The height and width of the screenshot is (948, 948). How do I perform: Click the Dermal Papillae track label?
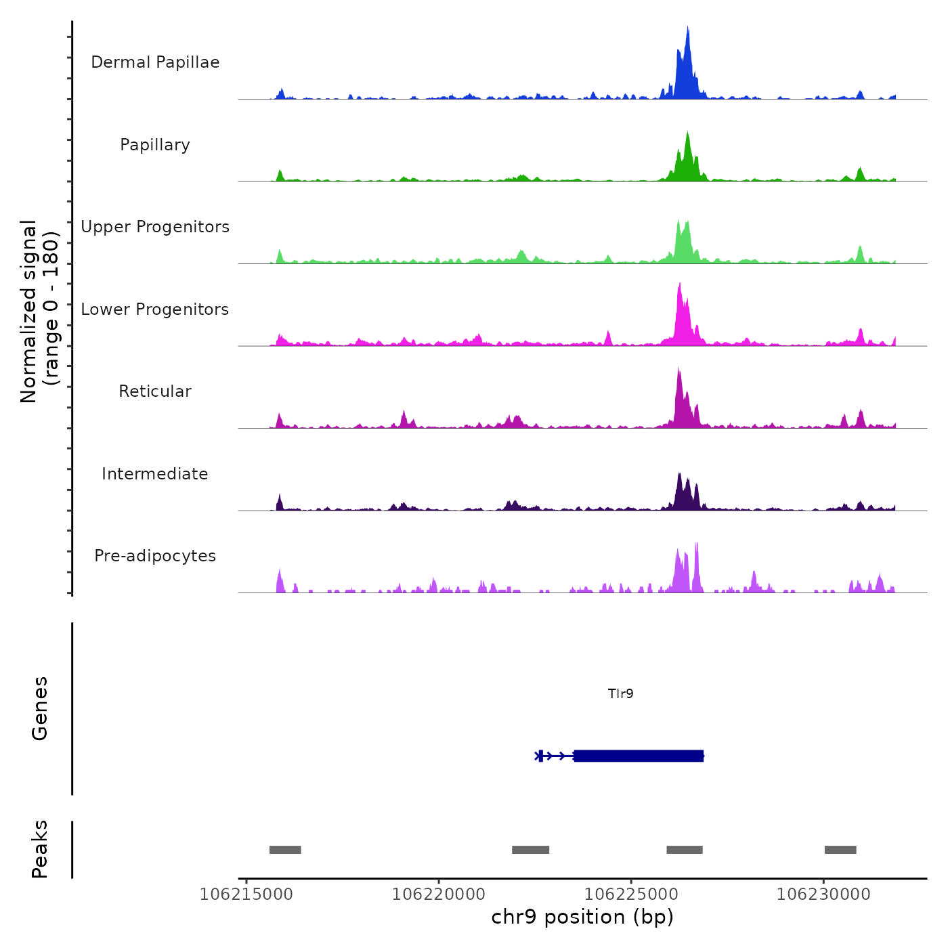coord(155,62)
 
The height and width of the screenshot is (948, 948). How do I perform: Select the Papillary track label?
coord(155,145)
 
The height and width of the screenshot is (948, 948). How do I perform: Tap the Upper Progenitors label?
coord(155,227)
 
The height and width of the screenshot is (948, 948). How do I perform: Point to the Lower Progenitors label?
coord(155,309)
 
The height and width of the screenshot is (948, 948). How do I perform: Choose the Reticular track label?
coord(155,391)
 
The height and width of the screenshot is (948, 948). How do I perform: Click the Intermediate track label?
coord(155,474)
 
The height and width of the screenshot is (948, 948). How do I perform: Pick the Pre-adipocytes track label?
coord(155,556)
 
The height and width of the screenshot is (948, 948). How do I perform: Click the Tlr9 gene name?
coord(620,693)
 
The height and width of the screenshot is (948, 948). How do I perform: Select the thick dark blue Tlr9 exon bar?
coord(639,756)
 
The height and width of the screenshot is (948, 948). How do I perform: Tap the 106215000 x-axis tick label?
coord(246,894)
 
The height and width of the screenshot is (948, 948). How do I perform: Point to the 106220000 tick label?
coord(439,894)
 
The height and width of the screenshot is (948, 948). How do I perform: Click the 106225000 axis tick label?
coord(631,894)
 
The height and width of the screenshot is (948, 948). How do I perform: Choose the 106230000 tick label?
coord(823,894)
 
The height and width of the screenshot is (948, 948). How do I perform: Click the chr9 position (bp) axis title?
coord(582,917)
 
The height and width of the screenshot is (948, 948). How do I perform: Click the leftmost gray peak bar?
coord(285,850)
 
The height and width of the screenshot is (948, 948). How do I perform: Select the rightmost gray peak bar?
coord(840,850)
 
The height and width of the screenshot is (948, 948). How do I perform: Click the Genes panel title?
coord(40,708)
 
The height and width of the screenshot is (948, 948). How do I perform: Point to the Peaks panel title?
coord(40,849)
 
